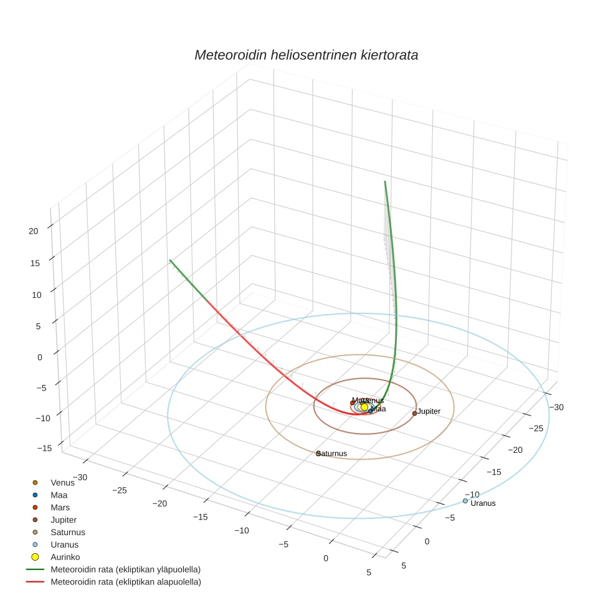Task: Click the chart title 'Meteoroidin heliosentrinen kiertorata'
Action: pos(306,55)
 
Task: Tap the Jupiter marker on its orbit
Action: pos(414,413)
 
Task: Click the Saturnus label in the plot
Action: pos(332,454)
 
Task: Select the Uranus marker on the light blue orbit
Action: pos(465,501)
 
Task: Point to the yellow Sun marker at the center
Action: pos(364,407)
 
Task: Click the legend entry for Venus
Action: pos(62,482)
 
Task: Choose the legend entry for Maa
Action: pos(59,495)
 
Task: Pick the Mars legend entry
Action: pos(60,507)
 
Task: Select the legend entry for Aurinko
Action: pos(65,557)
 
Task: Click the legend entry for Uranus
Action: pos(64,544)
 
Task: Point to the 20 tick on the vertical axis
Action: pos(33,230)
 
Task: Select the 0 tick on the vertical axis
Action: pos(39,357)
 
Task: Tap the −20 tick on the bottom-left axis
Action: pos(160,503)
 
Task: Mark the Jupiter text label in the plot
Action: pos(429,411)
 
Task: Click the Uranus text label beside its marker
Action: pos(483,503)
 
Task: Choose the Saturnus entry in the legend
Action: pos(67,532)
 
